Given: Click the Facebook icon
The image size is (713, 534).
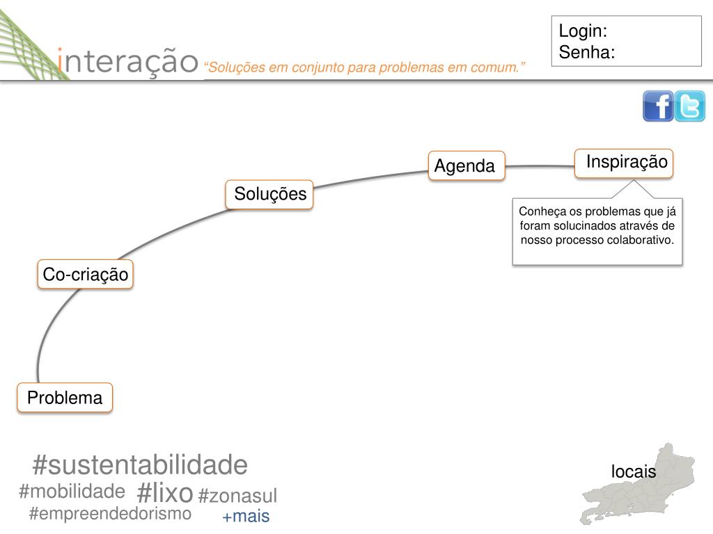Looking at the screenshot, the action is (x=657, y=106).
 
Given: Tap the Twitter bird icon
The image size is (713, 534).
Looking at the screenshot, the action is (x=690, y=106).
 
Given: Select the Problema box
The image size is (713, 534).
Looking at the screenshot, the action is (x=65, y=398).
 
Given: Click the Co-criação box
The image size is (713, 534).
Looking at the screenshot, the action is (x=86, y=275).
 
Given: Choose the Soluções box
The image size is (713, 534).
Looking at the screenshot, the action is (x=270, y=194).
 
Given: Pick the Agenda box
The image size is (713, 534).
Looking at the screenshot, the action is (x=466, y=166).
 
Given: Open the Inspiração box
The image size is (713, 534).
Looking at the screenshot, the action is (x=626, y=163).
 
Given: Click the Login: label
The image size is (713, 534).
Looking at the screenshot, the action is (x=583, y=31).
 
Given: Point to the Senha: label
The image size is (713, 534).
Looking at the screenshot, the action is (x=587, y=52).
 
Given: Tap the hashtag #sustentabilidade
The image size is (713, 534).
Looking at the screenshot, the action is (x=140, y=465).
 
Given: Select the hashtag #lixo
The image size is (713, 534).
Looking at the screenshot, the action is (x=165, y=493).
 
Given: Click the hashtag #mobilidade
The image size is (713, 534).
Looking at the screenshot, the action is (x=72, y=492).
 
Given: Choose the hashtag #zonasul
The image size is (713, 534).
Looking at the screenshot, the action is (x=237, y=496).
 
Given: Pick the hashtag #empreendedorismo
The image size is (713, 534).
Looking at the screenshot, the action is (x=110, y=514).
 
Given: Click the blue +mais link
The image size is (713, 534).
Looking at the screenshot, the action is (x=246, y=517).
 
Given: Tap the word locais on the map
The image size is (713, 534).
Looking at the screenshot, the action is (x=634, y=471).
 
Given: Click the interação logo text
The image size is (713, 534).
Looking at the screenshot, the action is (x=128, y=61).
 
